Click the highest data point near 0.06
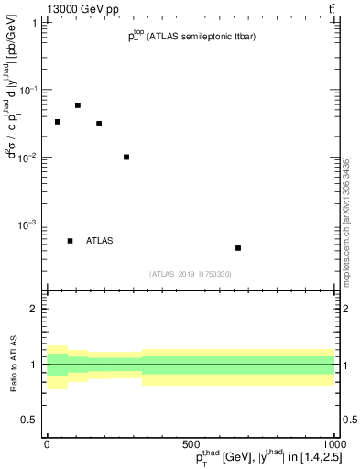click(78, 105)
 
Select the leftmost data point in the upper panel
click(58, 122)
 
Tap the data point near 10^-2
click(126, 157)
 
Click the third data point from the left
click(99, 124)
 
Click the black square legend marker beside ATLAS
click(71, 241)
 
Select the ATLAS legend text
click(100, 241)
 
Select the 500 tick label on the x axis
click(191, 443)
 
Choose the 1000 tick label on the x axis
click(330, 443)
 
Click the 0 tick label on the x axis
click(47, 443)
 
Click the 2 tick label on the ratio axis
click(34, 310)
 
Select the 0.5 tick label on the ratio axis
click(30, 420)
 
